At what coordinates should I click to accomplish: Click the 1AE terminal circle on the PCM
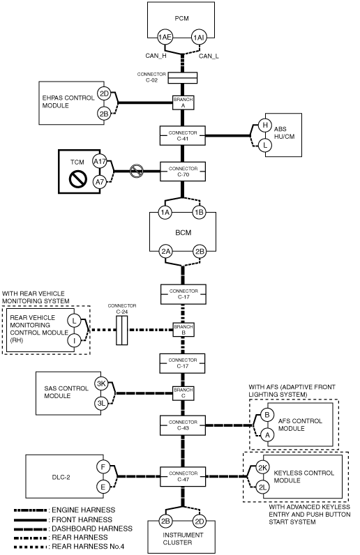[165, 37]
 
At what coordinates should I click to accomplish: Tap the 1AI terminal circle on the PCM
[198, 37]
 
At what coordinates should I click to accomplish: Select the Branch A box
[183, 102]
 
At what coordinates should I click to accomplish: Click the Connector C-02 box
[183, 78]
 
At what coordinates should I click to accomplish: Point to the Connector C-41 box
[183, 135]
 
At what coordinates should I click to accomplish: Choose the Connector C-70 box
[183, 172]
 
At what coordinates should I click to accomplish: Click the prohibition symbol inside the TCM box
[78, 179]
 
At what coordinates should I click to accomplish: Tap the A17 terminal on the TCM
[100, 162]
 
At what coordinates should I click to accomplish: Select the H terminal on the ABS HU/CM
[264, 125]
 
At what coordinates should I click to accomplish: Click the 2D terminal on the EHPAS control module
[104, 94]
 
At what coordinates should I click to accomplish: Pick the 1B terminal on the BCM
[199, 213]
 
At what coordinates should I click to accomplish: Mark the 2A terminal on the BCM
[165, 251]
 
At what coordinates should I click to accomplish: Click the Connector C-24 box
[122, 330]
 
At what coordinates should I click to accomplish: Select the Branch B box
[183, 330]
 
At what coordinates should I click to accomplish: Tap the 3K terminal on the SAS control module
[101, 383]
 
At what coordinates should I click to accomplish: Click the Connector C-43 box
[183, 425]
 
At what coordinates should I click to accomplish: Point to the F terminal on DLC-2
[103, 467]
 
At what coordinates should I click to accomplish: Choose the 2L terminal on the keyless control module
[262, 487]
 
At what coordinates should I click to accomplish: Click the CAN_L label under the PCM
[209, 56]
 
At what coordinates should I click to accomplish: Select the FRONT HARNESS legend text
[82, 519]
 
